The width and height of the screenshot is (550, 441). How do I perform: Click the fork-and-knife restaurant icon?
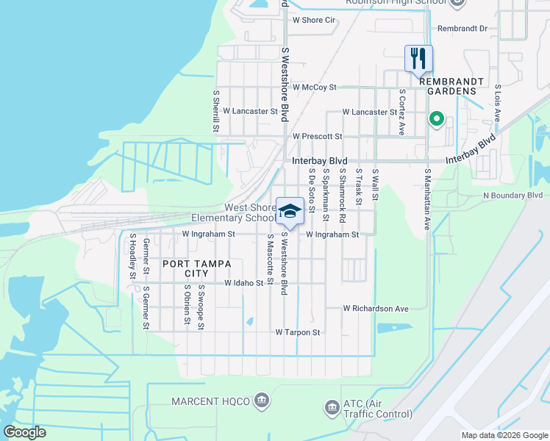[x=418, y=58]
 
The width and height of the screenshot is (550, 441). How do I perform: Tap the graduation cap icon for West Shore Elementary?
[x=290, y=210]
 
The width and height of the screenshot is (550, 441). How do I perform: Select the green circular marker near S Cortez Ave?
[x=436, y=118]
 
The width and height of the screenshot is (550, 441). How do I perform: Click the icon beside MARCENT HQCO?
[x=260, y=401]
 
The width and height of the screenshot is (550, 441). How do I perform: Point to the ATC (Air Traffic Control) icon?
[x=331, y=406]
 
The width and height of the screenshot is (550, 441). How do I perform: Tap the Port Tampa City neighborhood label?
[x=186, y=268]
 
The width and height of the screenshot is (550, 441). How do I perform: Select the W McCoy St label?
[x=314, y=87]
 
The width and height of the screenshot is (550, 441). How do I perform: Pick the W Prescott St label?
[x=317, y=137]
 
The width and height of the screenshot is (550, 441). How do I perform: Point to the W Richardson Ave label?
[x=375, y=309]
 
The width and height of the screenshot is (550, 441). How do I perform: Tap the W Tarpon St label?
[x=298, y=332]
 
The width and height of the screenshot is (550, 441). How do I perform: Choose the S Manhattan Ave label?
[x=426, y=199]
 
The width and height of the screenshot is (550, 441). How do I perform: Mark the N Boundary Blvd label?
[x=512, y=196]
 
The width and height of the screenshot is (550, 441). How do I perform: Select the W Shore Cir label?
[x=313, y=20]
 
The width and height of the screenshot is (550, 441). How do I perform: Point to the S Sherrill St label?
[x=216, y=111]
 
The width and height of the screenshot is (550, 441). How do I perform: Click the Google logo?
[x=24, y=432]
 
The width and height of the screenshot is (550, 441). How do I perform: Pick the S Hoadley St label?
[x=132, y=256]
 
